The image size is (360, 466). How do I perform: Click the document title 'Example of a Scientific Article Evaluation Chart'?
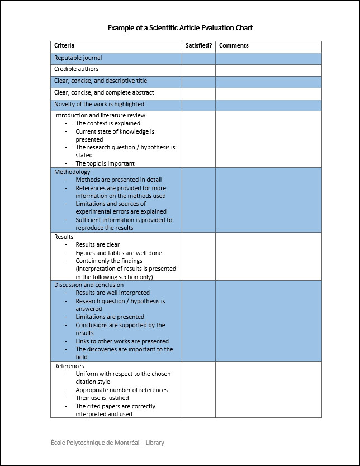pyautogui.click(x=180, y=27)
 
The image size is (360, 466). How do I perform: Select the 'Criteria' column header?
pyautogui.click(x=64, y=46)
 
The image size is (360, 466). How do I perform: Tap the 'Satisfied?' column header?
pyautogui.click(x=198, y=46)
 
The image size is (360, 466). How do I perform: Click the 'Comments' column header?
pyautogui.click(x=234, y=46)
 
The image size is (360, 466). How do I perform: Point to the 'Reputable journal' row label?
pyautogui.click(x=78, y=58)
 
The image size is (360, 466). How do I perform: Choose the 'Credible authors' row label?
pyautogui.click(x=76, y=69)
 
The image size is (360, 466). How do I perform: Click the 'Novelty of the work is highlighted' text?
pyautogui.click(x=99, y=105)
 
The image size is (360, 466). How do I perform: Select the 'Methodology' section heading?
pyautogui.click(x=72, y=172)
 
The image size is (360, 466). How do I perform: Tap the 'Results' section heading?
pyautogui.click(x=64, y=237)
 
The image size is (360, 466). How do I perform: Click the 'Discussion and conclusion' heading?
pyautogui.click(x=89, y=285)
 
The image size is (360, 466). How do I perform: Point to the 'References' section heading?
pyautogui.click(x=69, y=366)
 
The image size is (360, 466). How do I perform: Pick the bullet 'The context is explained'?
pyautogui.click(x=108, y=124)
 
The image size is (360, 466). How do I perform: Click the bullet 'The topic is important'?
pyautogui.click(x=105, y=164)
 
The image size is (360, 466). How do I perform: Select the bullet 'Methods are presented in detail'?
pyautogui.click(x=119, y=180)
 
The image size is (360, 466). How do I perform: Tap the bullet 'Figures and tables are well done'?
pyautogui.click(x=119, y=253)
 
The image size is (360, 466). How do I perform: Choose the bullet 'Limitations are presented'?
pyautogui.click(x=110, y=317)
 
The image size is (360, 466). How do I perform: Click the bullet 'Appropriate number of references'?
pyautogui.click(x=121, y=390)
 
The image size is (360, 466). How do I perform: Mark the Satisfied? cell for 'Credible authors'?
pyautogui.click(x=198, y=70)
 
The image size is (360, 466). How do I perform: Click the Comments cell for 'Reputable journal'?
pyautogui.click(x=268, y=58)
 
